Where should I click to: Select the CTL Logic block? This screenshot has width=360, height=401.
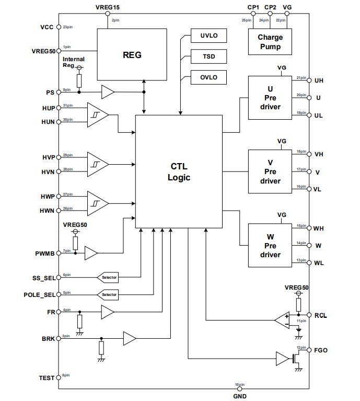coord(179,171)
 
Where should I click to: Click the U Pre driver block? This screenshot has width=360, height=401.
coord(270,98)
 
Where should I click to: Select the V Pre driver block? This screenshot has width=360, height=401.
coord(270,172)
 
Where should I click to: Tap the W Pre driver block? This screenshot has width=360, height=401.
coord(270,246)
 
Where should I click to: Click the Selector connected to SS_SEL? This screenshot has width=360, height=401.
coord(108,277)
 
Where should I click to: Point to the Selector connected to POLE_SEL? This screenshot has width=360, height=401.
coord(108,295)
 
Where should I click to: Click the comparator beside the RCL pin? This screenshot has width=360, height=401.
coord(283,319)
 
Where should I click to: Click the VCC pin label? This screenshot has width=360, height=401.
coord(47,27)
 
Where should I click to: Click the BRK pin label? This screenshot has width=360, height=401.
coord(48,338)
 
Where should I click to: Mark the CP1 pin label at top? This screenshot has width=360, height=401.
coord(253,7)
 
